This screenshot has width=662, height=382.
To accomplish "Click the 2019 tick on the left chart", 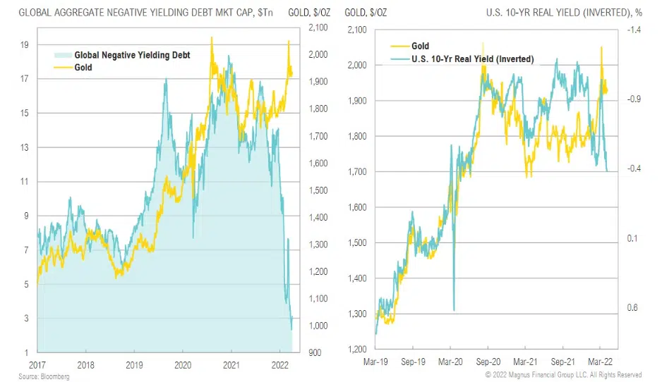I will (135, 366).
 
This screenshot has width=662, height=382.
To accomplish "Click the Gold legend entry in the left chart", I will (83, 68).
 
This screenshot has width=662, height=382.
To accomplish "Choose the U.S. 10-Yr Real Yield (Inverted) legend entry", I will (472, 58).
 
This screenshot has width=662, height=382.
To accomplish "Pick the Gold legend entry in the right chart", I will (421, 47).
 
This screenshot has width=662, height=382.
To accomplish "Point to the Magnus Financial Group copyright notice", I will (562, 375).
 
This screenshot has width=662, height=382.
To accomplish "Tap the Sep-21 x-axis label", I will (562, 366).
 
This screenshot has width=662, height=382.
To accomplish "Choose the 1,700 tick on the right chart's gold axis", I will (358, 171).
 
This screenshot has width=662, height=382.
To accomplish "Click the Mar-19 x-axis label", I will (375, 366).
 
